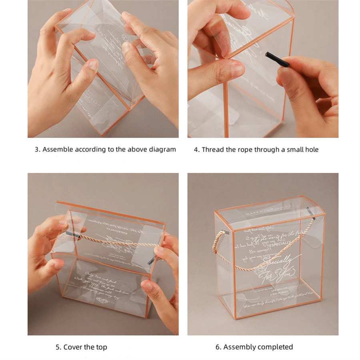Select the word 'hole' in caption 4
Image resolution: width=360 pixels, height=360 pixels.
(x=311, y=150)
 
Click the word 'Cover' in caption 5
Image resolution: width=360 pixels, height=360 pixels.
(x=73, y=347)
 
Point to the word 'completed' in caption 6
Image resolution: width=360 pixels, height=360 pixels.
(x=276, y=347)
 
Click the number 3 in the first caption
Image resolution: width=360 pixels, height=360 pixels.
(x=36, y=150)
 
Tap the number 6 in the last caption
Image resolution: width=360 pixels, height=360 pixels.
(x=218, y=347)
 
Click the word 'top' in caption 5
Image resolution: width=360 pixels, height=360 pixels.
(x=101, y=347)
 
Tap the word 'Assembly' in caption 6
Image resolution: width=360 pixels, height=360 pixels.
(x=240, y=347)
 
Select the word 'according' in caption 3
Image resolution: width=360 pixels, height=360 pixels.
(x=89, y=150)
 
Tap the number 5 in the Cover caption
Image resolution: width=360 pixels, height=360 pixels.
(x=58, y=347)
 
